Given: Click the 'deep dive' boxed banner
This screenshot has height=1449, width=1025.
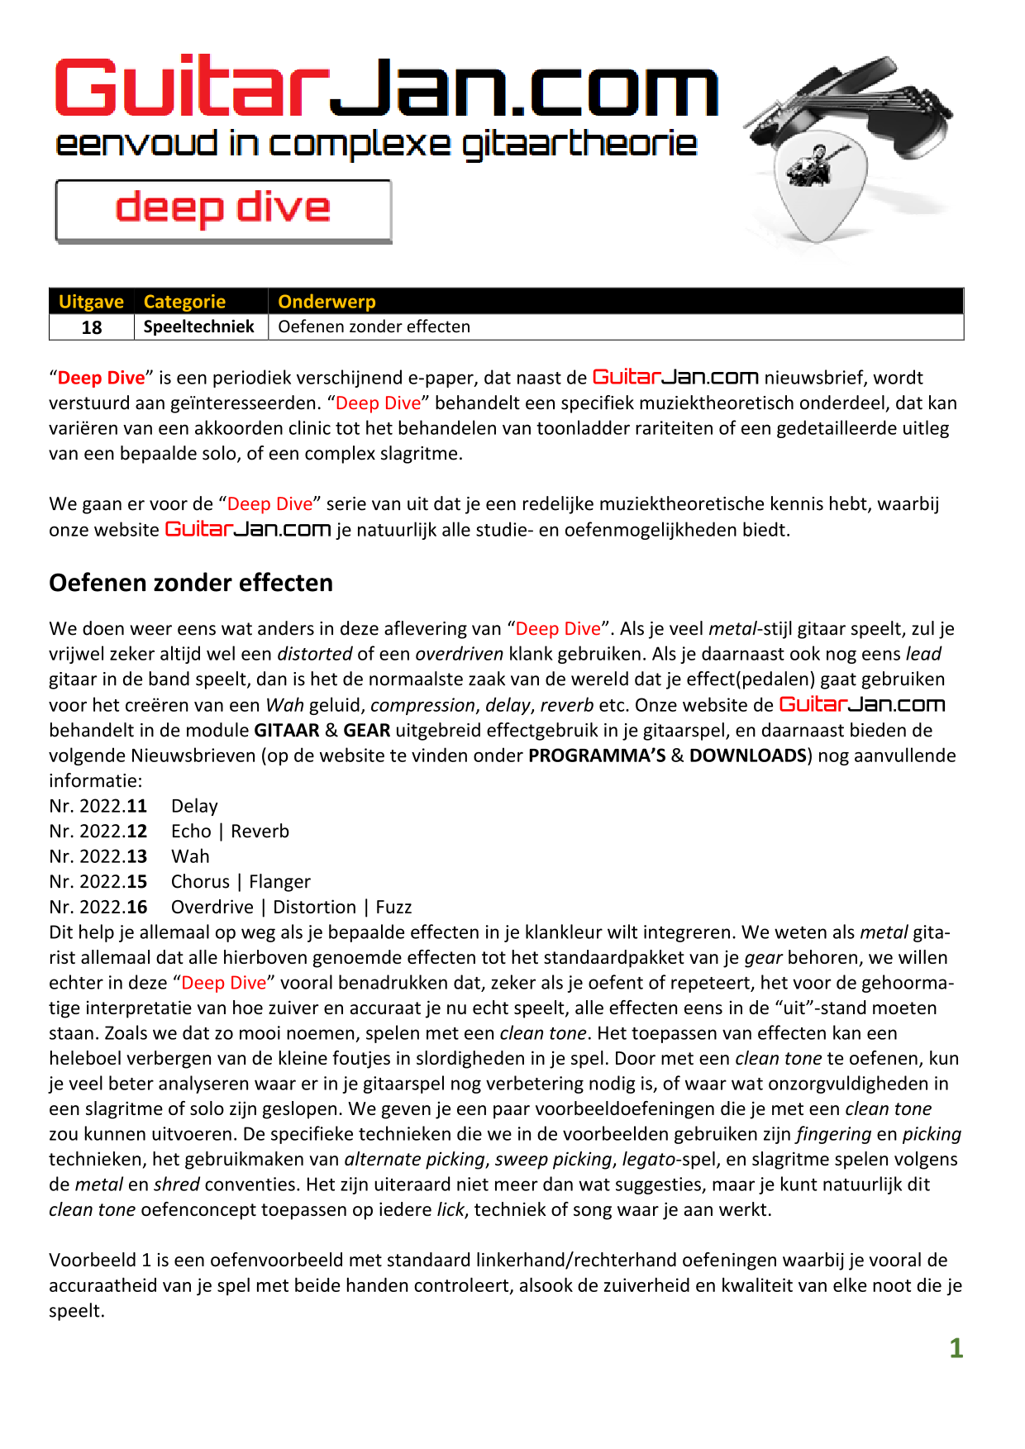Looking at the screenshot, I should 223,211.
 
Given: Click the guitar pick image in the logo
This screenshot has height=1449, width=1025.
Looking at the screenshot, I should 818,186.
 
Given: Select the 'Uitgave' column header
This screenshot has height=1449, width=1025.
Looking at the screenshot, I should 91,302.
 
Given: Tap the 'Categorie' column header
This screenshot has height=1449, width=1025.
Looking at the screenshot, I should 184,302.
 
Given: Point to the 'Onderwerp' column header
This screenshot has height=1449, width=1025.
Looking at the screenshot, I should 327,302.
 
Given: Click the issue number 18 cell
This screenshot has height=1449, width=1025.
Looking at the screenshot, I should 91,327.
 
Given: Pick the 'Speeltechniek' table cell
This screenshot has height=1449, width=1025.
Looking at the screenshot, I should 199,327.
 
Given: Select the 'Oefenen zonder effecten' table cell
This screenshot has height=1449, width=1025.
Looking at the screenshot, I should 374,327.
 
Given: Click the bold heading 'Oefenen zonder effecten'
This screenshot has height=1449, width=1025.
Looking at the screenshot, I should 191,583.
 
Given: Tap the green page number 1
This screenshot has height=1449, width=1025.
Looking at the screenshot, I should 956,1349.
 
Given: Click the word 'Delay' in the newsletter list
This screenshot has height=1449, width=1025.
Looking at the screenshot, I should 194,806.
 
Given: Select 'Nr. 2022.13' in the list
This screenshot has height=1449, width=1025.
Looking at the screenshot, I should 98,856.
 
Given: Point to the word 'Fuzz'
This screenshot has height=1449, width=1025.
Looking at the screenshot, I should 393,907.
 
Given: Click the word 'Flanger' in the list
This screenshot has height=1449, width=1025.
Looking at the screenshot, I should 279,882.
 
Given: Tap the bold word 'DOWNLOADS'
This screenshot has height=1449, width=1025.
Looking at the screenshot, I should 748,755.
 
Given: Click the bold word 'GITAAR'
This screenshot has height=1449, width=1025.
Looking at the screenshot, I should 287,731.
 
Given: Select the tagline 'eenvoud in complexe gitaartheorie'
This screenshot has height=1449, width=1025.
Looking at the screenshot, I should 376,145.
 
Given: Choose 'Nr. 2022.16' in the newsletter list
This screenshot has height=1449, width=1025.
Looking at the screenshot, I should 98,907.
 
